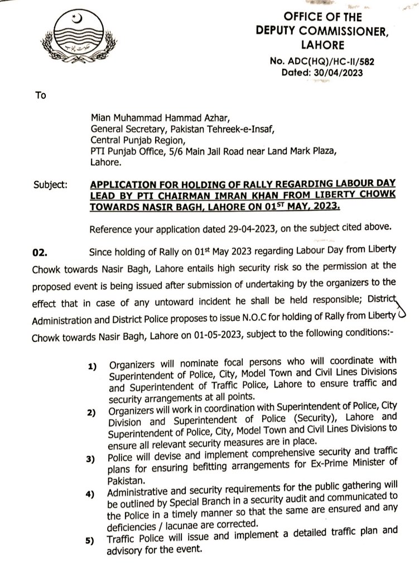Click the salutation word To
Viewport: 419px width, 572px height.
pyautogui.click(x=41, y=95)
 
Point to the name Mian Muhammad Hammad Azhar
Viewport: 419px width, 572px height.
pyautogui.click(x=144, y=118)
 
